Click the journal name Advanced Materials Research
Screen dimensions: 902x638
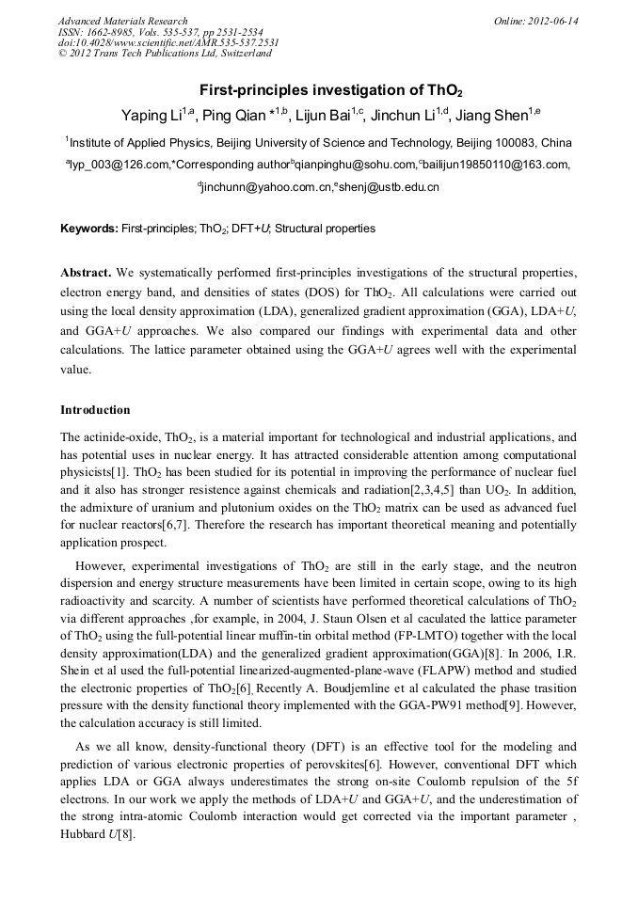122,21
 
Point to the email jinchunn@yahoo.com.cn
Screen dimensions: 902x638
263,187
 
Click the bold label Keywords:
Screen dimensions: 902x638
89,229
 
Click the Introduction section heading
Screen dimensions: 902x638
95,410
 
